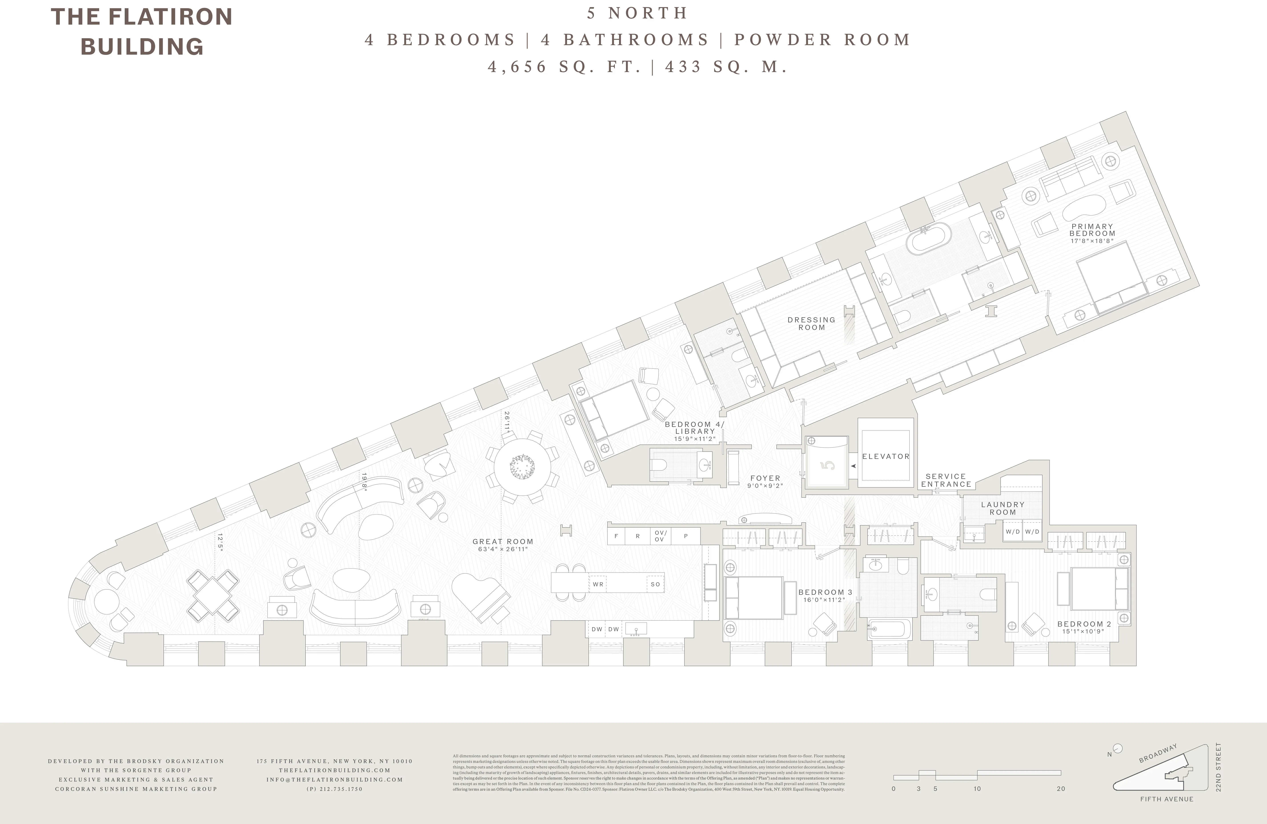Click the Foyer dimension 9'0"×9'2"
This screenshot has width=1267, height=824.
point(765,486)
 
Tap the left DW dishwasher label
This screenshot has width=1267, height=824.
point(597,629)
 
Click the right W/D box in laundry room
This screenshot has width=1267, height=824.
point(1032,532)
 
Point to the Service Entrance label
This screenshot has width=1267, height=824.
point(946,480)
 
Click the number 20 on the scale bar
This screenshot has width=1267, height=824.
point(1061,789)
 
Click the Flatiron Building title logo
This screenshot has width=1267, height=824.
point(142,31)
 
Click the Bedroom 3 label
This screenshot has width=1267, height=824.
point(825,592)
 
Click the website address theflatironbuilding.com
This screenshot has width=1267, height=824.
point(334,770)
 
